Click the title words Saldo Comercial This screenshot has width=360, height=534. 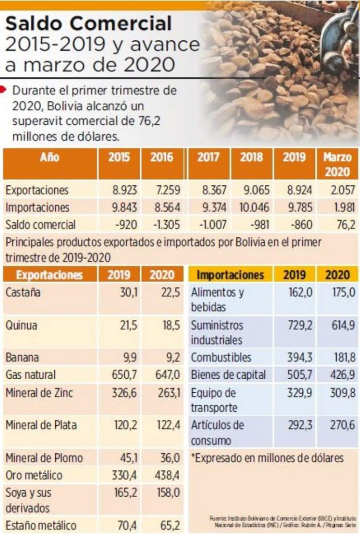(x=89, y=23)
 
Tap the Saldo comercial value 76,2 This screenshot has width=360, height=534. (x=344, y=225)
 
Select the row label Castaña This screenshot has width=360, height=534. (x=22, y=292)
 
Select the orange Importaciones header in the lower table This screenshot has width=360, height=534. (x=230, y=275)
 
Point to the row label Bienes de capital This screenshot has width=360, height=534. (x=228, y=375)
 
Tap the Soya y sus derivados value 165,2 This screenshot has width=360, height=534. (x=125, y=493)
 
